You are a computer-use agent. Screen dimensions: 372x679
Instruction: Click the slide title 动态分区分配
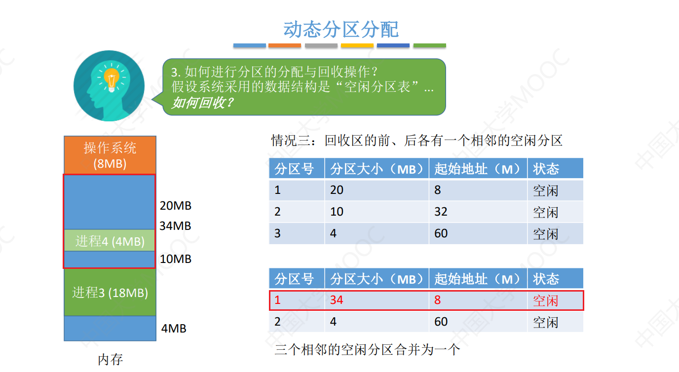click(x=341, y=30)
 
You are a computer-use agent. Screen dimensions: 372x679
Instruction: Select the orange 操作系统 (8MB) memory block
click(x=110, y=155)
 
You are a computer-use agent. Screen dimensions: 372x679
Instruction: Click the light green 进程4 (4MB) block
click(x=110, y=241)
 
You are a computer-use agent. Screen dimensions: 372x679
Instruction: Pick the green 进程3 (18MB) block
click(x=110, y=292)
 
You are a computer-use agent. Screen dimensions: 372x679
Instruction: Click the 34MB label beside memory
click(x=175, y=226)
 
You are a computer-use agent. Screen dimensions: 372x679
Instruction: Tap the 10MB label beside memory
click(x=175, y=259)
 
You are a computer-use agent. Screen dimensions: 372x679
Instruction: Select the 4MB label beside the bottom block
click(x=174, y=329)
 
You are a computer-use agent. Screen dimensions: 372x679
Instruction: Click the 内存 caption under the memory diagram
click(x=110, y=359)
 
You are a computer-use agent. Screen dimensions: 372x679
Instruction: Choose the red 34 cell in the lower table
click(x=337, y=300)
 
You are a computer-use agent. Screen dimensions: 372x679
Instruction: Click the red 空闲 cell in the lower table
click(x=545, y=300)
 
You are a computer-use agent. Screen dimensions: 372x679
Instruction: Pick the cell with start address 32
click(x=441, y=212)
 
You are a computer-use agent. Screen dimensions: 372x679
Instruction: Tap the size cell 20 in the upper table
click(x=337, y=190)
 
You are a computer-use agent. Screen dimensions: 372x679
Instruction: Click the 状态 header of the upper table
click(x=546, y=169)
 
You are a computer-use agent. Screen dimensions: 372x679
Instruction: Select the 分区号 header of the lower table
click(x=295, y=279)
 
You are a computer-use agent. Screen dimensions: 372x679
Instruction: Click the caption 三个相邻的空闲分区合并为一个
click(x=367, y=350)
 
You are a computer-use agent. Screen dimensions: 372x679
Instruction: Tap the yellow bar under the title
click(x=357, y=45)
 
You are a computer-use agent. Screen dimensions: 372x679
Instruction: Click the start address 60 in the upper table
click(x=441, y=233)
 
